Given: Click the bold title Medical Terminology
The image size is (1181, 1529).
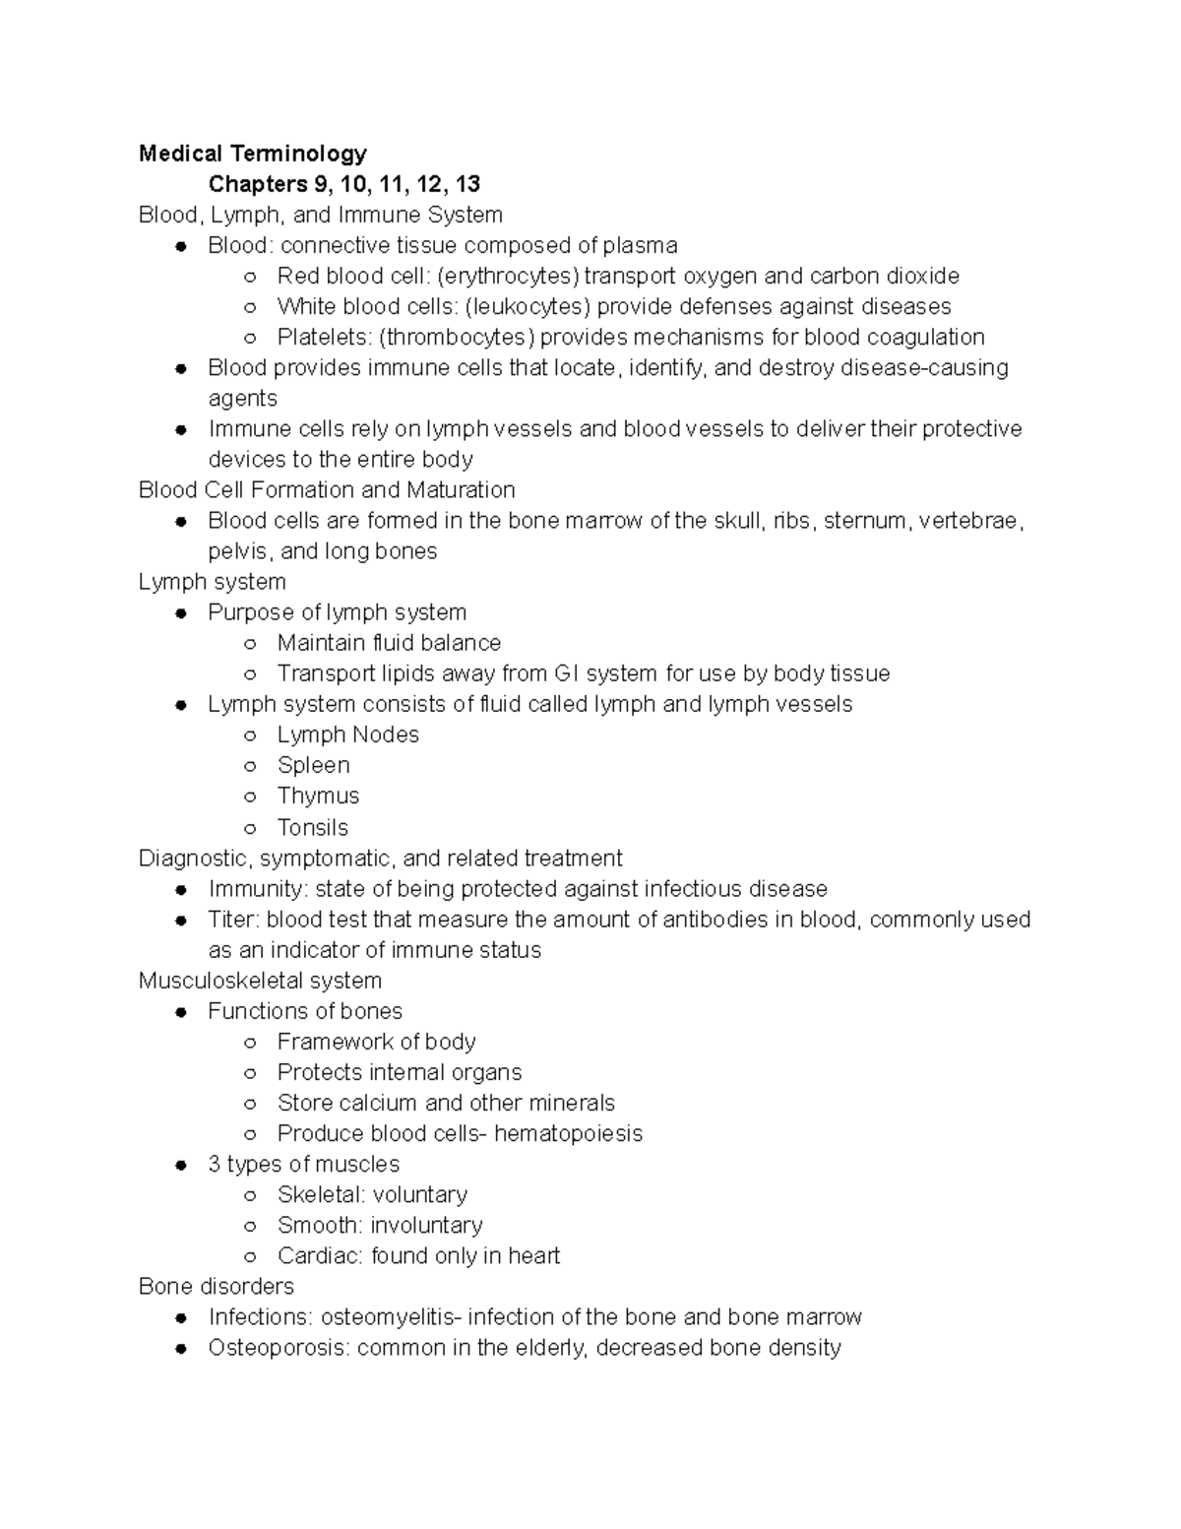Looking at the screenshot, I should pyautogui.click(x=253, y=154).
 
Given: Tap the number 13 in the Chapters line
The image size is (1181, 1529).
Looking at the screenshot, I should pyautogui.click(x=467, y=184).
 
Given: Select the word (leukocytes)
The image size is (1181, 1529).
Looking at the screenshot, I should pyautogui.click(x=523, y=306).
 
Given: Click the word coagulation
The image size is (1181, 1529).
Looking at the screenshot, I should pyautogui.click(x=925, y=337).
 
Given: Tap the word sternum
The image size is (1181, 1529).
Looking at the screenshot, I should pyautogui.click(x=865, y=520).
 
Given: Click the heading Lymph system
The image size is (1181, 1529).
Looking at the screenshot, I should pyautogui.click(x=213, y=581).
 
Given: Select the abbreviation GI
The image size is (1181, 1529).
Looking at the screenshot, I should pyautogui.click(x=567, y=673).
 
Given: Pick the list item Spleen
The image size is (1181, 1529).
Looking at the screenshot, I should pyautogui.click(x=313, y=765).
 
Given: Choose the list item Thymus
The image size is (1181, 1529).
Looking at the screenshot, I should pyautogui.click(x=318, y=796).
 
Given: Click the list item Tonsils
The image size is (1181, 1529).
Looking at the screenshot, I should pyautogui.click(x=312, y=827).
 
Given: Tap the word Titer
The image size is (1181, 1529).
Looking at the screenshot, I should pyautogui.click(x=231, y=920).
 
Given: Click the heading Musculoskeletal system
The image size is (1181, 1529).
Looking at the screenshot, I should pyautogui.click(x=260, y=981).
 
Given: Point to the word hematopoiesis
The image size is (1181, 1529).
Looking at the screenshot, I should pyautogui.click(x=568, y=1133).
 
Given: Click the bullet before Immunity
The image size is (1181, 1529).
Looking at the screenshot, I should pyautogui.click(x=181, y=889).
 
